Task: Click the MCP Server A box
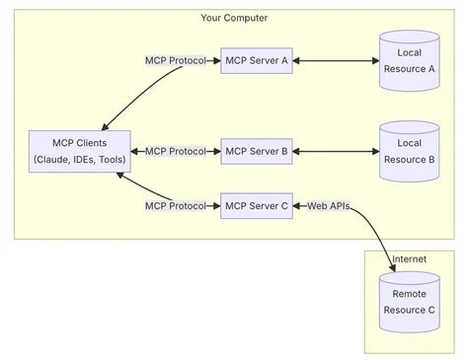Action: coord(256,60)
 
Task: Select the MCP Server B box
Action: coord(256,151)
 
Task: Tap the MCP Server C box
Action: coord(256,206)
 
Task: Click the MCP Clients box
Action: coord(78,151)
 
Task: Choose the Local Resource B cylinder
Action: coord(409,151)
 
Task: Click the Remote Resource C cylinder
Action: coord(409,302)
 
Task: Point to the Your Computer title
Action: coord(234,18)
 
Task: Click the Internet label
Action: coord(409,259)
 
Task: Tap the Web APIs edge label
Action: coord(328,206)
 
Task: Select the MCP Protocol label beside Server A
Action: coord(176,60)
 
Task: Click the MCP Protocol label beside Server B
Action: coord(176,151)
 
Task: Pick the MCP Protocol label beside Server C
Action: coord(176,206)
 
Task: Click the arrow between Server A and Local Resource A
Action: coord(336,60)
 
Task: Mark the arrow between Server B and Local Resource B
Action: coord(336,151)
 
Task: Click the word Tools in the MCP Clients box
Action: coord(111,160)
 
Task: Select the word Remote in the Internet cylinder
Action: coord(409,294)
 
